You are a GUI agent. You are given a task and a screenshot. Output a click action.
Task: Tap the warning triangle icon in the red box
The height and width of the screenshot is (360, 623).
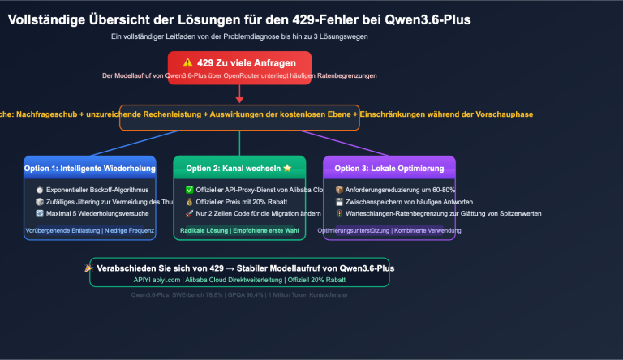(x=188, y=62)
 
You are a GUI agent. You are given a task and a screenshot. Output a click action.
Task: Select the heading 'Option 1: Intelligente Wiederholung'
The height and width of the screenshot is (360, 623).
(x=89, y=169)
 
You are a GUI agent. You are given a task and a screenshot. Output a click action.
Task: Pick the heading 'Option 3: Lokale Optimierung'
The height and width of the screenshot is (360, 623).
(x=389, y=169)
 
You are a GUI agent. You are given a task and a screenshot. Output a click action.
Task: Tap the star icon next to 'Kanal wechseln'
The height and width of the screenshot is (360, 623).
(x=286, y=169)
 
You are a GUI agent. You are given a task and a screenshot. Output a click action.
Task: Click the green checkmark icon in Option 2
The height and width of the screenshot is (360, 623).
(x=189, y=189)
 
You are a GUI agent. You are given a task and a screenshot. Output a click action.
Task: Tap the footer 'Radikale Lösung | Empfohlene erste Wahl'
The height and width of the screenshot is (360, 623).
(x=239, y=231)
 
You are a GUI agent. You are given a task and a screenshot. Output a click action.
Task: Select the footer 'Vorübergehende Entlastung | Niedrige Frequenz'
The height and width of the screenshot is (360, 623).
(x=89, y=231)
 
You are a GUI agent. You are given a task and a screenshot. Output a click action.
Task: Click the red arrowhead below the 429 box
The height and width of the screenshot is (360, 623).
(x=239, y=99)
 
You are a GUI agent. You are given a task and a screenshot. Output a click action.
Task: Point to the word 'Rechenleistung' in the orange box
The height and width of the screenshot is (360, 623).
(x=197, y=114)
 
